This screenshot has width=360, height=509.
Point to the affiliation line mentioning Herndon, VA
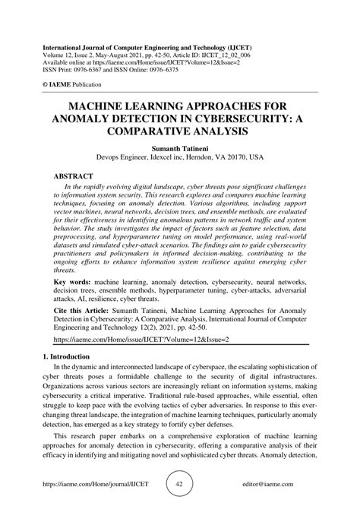(179, 161)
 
